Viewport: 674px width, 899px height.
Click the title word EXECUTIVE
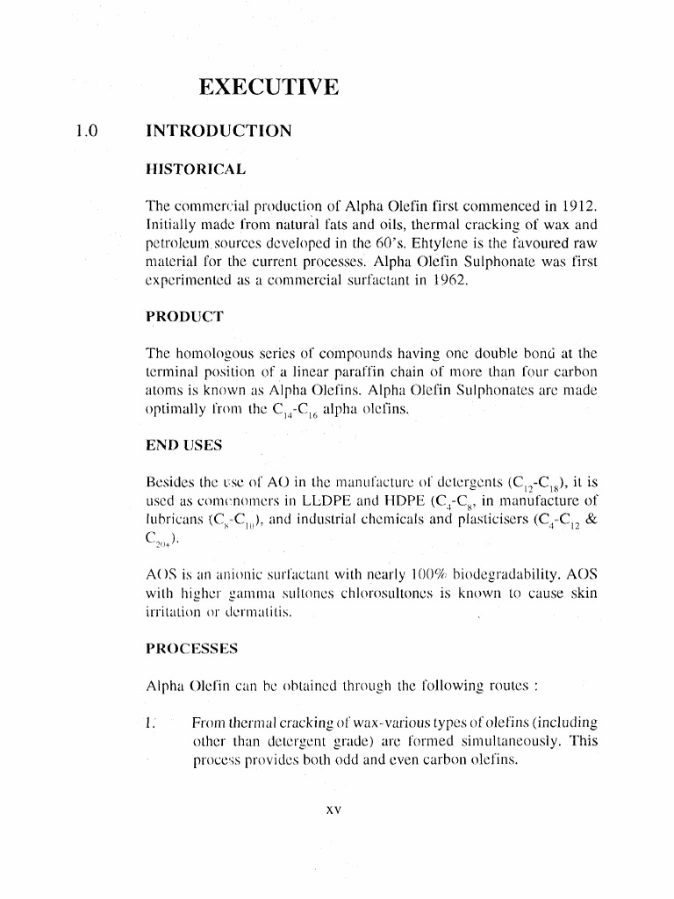coord(268,87)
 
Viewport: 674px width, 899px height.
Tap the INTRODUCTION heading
coord(218,132)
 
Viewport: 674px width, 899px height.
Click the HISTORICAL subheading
coord(195,168)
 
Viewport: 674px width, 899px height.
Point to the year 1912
coord(575,205)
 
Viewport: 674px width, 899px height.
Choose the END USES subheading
coord(184,445)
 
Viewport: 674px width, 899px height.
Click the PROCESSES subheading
coord(192,649)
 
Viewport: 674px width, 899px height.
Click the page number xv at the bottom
coord(331,809)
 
